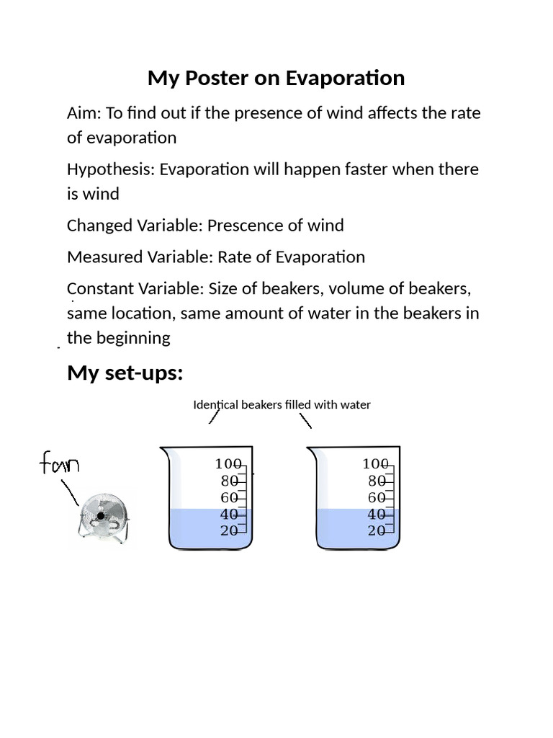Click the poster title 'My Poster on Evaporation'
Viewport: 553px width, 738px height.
pyautogui.click(x=276, y=78)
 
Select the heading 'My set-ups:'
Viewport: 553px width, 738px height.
pyautogui.click(x=125, y=373)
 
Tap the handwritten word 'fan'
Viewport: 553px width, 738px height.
pyautogui.click(x=59, y=463)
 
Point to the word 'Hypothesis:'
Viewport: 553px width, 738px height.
pyautogui.click(x=111, y=169)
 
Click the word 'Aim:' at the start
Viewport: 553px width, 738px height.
pyautogui.click(x=84, y=113)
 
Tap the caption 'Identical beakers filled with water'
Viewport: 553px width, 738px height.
pyautogui.click(x=282, y=404)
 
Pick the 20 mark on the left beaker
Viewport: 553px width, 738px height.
pyautogui.click(x=229, y=531)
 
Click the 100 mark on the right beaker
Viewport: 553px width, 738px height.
pyautogui.click(x=375, y=464)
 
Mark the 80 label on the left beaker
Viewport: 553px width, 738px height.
pyautogui.click(x=230, y=481)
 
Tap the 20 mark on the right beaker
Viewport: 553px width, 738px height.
pyautogui.click(x=377, y=531)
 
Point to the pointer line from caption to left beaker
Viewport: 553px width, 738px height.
pyautogui.click(x=213, y=417)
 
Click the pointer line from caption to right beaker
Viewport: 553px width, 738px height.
pyautogui.click(x=305, y=420)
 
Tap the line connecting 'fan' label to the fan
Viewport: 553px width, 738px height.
pyautogui.click(x=70, y=492)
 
